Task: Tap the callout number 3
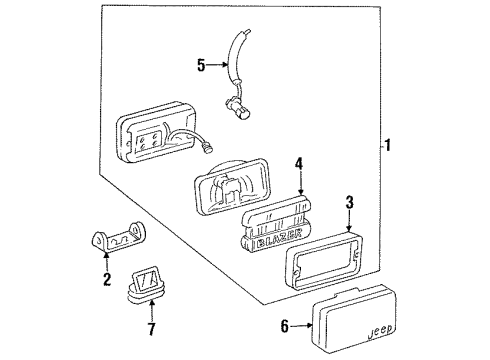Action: [x=349, y=204]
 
